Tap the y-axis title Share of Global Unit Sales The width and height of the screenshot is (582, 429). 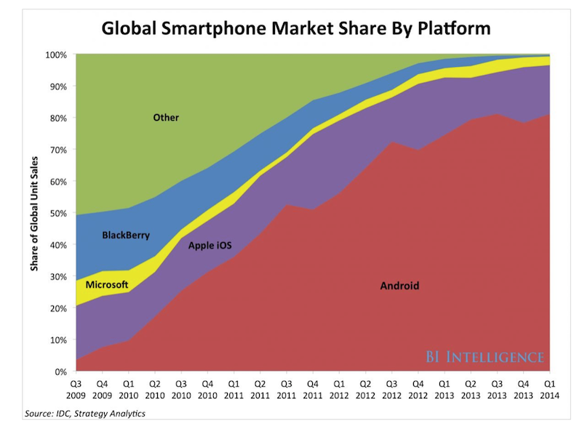[x=33, y=212]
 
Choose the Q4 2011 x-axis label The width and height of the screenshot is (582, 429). [x=311, y=389]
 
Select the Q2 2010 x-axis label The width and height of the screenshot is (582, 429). [x=154, y=389]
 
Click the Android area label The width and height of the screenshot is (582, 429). [x=399, y=286]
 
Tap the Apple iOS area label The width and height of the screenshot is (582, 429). [x=210, y=246]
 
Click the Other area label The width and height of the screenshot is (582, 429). [x=166, y=117]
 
